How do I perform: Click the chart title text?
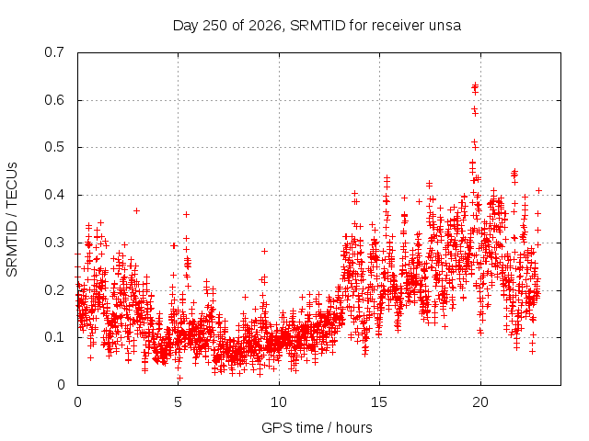click(317, 26)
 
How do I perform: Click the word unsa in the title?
click(445, 26)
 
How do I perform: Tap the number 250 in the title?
click(214, 26)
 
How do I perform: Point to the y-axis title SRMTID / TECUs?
click(12, 220)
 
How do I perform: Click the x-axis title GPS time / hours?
click(317, 427)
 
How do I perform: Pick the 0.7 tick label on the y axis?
click(54, 52)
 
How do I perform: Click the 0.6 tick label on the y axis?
click(54, 100)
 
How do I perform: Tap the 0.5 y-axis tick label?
click(54, 147)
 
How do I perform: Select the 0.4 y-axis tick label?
click(54, 195)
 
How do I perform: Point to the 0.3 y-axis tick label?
click(54, 243)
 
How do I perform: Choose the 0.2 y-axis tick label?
click(54, 290)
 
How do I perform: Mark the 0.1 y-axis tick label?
click(54, 337)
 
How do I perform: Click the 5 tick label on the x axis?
click(178, 402)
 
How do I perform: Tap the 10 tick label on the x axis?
click(279, 402)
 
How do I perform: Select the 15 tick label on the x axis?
click(379, 402)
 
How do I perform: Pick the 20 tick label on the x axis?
click(480, 402)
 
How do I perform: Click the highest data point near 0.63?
click(475, 85)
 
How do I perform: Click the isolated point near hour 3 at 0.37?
click(137, 210)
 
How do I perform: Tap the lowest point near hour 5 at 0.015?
click(180, 378)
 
